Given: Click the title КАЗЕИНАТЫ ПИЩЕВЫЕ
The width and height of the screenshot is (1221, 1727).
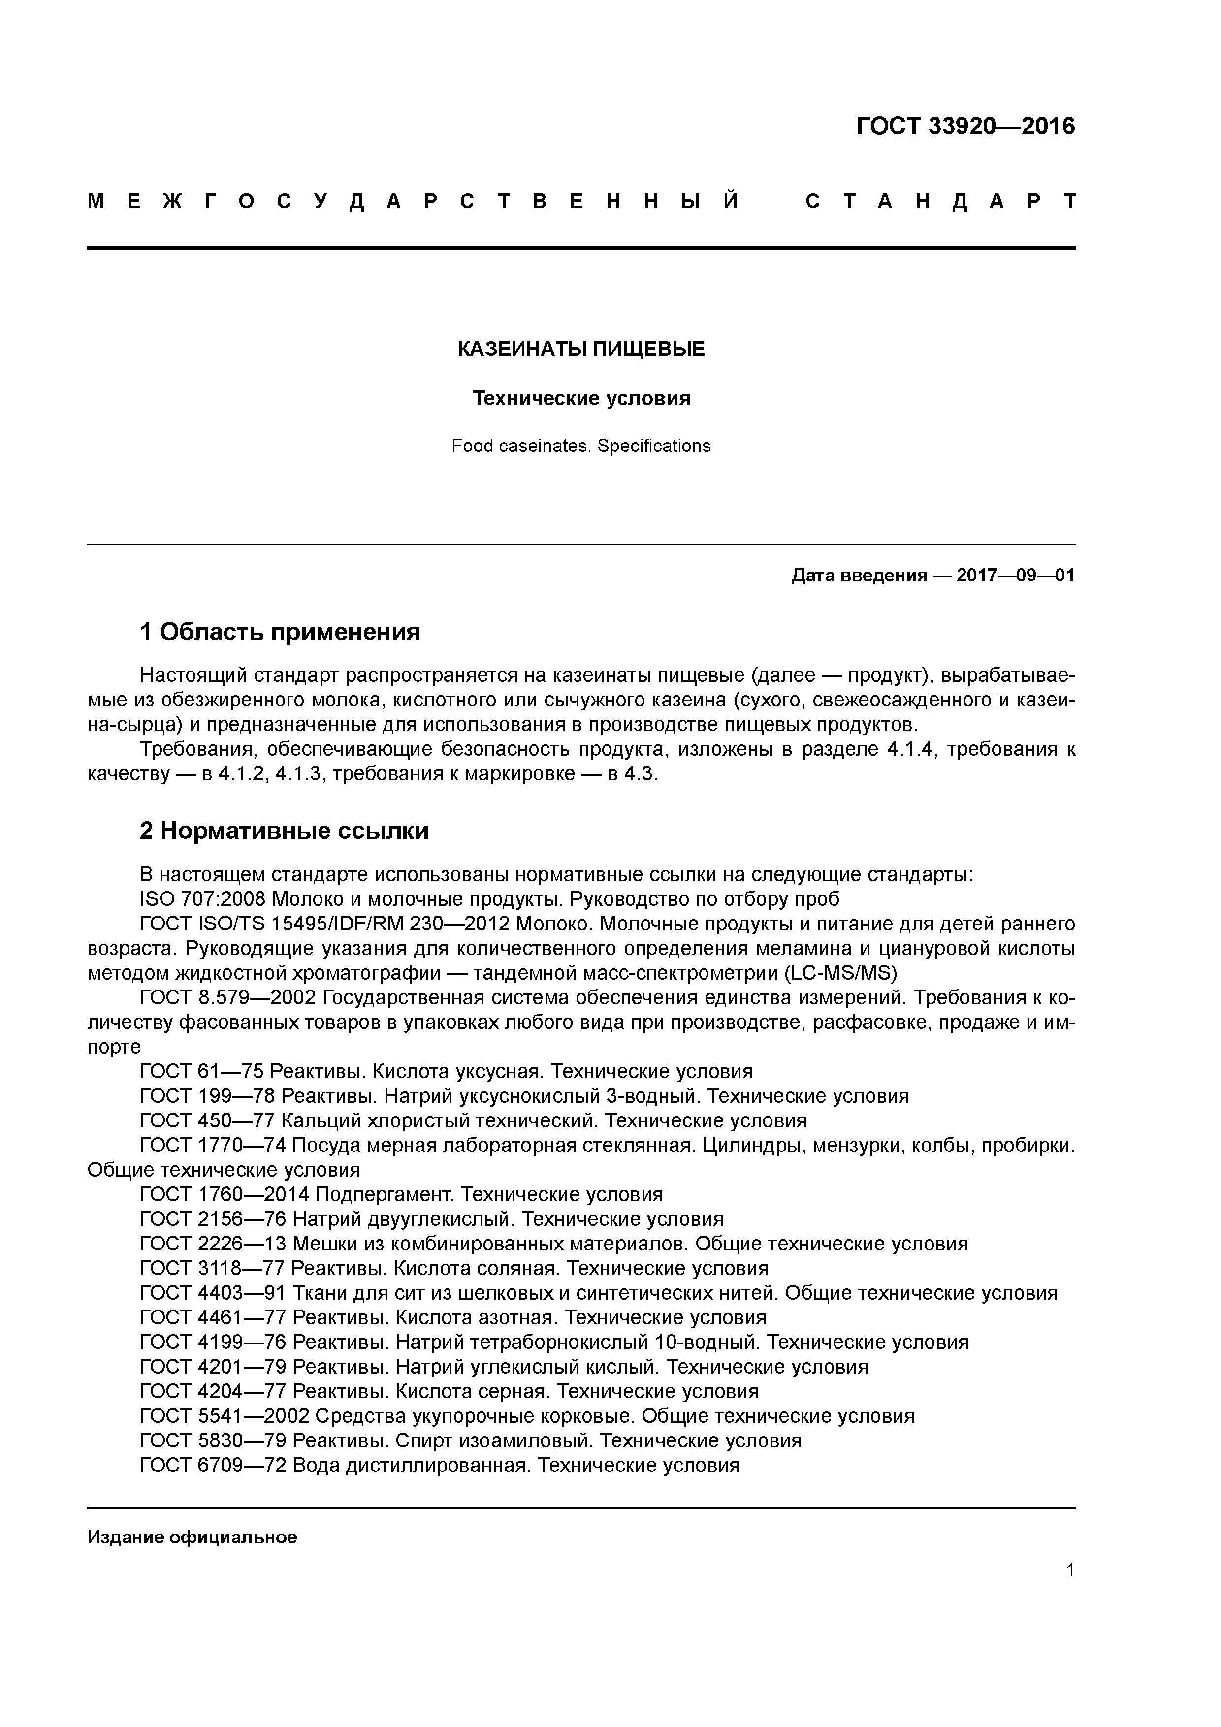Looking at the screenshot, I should (x=581, y=349).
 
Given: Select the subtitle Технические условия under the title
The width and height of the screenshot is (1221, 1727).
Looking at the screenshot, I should (x=581, y=398).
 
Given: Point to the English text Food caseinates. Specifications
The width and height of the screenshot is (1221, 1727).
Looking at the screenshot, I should (x=581, y=446).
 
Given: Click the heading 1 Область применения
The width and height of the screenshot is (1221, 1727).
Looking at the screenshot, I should (x=280, y=632).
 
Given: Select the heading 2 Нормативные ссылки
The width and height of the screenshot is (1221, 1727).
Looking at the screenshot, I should (x=285, y=831).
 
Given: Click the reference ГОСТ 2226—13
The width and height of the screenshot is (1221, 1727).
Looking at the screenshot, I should (x=213, y=1244).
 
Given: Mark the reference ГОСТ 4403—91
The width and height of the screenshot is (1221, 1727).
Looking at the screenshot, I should (x=213, y=1293).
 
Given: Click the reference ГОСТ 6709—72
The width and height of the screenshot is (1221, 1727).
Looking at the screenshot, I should (x=213, y=1465).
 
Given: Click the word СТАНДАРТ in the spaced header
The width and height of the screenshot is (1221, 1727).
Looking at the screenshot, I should (x=940, y=201).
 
